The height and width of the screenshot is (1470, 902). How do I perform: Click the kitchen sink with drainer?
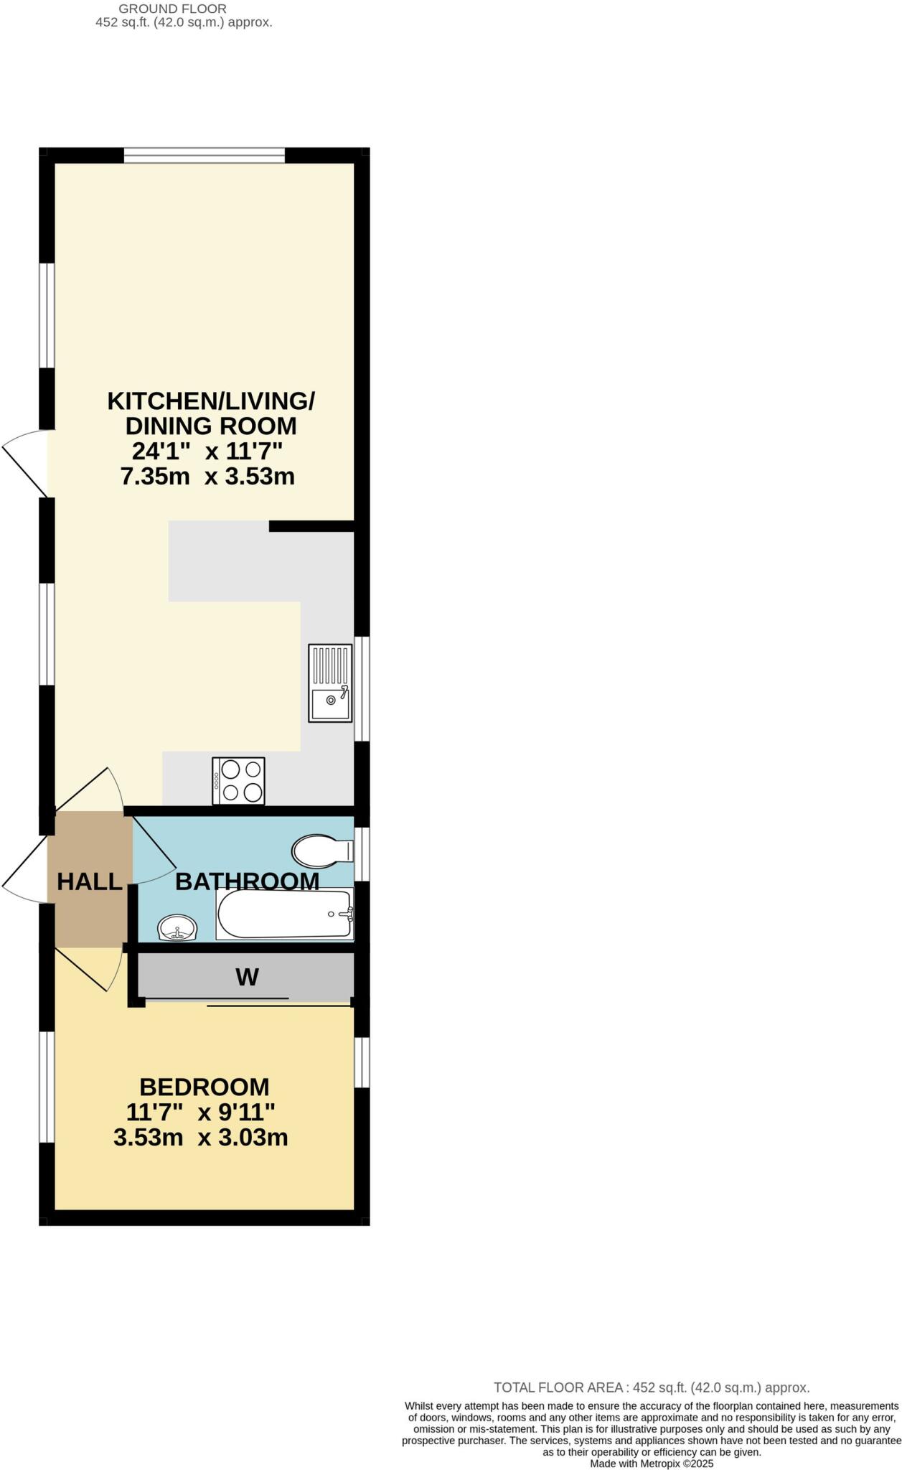tap(330, 683)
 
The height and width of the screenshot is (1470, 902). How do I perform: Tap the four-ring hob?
tap(239, 781)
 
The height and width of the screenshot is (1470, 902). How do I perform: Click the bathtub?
tap(285, 914)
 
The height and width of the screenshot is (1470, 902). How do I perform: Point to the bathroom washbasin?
tap(177, 928)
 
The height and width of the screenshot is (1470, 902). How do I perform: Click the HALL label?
tap(90, 881)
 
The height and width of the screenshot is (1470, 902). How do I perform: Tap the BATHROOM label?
tap(247, 881)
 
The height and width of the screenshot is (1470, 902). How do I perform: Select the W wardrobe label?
tap(247, 977)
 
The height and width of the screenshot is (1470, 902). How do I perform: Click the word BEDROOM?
tap(205, 1087)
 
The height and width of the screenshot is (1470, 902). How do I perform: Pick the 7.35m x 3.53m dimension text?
tap(207, 477)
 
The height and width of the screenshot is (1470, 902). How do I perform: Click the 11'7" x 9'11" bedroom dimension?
tap(201, 1113)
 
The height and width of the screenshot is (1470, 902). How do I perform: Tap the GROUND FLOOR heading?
tap(172, 9)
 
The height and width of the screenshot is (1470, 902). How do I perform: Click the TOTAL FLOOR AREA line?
tap(651, 1387)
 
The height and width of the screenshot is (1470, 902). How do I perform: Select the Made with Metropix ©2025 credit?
tap(652, 1464)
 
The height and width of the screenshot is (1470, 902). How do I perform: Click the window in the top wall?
tap(205, 155)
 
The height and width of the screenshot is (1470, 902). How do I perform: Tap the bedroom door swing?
tap(90, 969)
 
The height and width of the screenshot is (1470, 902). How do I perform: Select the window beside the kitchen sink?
tap(363, 688)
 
